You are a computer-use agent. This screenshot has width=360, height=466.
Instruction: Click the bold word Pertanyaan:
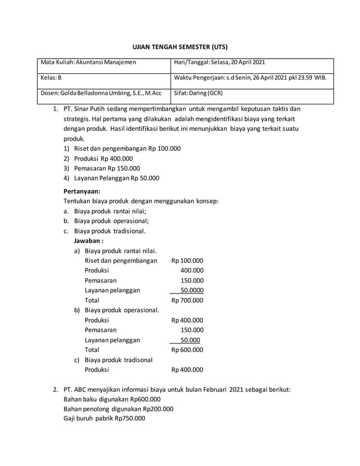[82, 191]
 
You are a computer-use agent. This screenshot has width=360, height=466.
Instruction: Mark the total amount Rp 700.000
[187, 300]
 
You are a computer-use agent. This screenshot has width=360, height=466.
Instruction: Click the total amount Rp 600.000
[187, 350]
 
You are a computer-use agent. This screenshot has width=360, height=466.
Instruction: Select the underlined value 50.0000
[188, 290]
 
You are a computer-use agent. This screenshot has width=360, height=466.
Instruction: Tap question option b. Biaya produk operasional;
[111, 221]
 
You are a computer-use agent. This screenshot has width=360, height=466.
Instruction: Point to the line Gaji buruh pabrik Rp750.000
[104, 419]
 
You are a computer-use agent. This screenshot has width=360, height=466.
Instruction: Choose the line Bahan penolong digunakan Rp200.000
[118, 409]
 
